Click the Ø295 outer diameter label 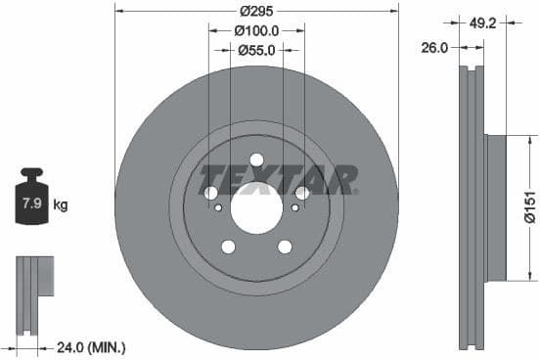(x=257, y=12)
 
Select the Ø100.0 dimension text (x=257, y=30)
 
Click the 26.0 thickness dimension (x=435, y=47)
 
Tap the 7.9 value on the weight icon (x=31, y=204)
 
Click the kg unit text (x=61, y=205)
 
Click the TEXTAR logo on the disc (x=278, y=180)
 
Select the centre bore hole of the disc (x=256, y=206)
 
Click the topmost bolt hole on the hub (x=256, y=159)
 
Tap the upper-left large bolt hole (x=211, y=193)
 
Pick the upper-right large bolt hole (x=301, y=193)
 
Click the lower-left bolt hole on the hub (x=229, y=247)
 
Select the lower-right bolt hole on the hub (x=285, y=247)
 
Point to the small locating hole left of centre (x=218, y=206)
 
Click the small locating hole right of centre (x=294, y=206)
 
